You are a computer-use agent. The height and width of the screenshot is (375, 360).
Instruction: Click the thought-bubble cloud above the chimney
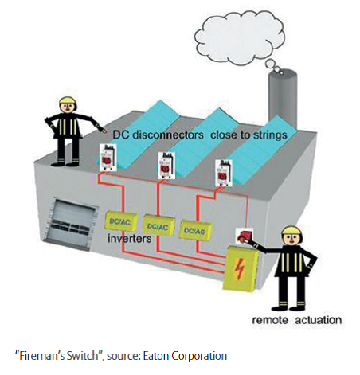[240, 37]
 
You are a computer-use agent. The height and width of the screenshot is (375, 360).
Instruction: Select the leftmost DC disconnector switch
[108, 158]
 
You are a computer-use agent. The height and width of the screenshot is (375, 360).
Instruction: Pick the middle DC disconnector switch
[166, 165]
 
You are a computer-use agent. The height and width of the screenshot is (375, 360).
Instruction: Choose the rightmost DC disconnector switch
[224, 172]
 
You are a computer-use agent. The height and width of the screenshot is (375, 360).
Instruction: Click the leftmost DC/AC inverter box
[121, 221]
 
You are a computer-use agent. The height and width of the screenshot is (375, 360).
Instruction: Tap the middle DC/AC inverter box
[158, 225]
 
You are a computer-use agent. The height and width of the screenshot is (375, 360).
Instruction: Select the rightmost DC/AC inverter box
[196, 230]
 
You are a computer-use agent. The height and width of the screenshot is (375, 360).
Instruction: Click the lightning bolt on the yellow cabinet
[240, 269]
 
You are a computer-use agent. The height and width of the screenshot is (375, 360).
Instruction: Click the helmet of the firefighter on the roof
[68, 100]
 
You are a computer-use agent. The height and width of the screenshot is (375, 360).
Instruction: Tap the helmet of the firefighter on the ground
[292, 230]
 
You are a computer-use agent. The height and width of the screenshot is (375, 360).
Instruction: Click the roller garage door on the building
[71, 224]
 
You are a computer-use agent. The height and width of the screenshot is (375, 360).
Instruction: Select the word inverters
[129, 238]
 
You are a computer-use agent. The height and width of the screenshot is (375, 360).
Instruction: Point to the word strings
[270, 135]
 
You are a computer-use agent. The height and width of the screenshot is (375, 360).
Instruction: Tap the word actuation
[319, 320]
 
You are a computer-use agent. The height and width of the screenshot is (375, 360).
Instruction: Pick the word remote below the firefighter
[270, 320]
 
